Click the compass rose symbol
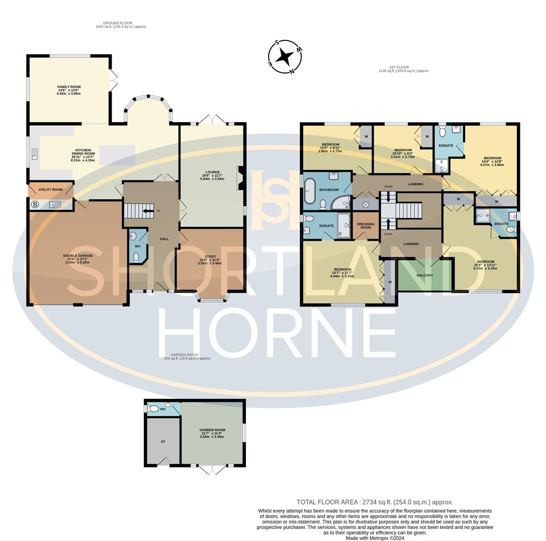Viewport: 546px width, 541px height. (x=285, y=57)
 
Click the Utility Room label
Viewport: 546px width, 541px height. (x=51, y=190)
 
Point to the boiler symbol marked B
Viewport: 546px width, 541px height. (x=35, y=204)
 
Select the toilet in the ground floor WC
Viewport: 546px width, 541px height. (x=136, y=257)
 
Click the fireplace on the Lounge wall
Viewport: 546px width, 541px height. (x=239, y=178)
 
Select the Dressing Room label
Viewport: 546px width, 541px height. (x=366, y=226)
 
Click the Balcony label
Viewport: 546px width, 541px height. (x=425, y=275)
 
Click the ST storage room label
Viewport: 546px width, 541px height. (x=163, y=442)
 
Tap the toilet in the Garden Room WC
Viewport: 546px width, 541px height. (x=153, y=409)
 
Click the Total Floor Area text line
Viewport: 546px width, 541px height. (x=375, y=502)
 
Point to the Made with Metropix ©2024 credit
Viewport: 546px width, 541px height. (x=375, y=538)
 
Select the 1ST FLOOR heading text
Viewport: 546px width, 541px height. (x=399, y=67)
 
